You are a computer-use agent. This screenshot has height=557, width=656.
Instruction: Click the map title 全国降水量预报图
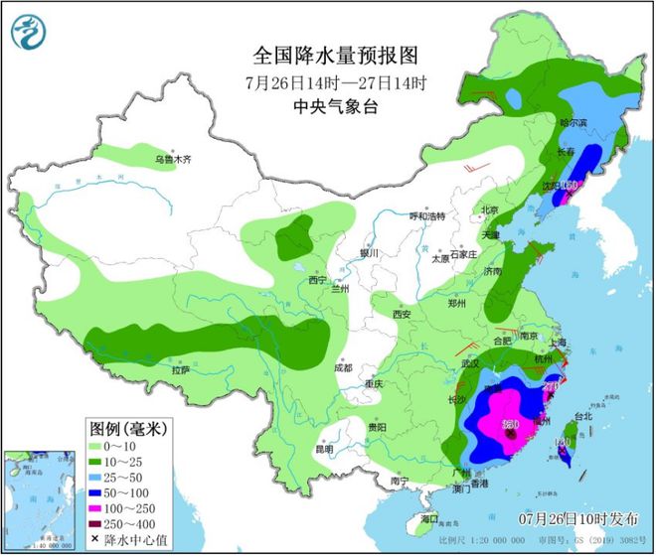point(327,53)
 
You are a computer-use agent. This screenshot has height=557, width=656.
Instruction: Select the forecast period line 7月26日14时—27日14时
point(327,80)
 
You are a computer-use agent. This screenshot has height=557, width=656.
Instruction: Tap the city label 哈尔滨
point(574,123)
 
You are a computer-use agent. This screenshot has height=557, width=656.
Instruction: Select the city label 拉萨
point(180,369)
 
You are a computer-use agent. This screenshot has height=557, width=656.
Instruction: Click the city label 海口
point(428,519)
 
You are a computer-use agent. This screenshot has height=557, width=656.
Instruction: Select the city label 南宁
point(401,481)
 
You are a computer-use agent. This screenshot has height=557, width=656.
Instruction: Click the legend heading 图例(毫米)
point(130,429)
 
